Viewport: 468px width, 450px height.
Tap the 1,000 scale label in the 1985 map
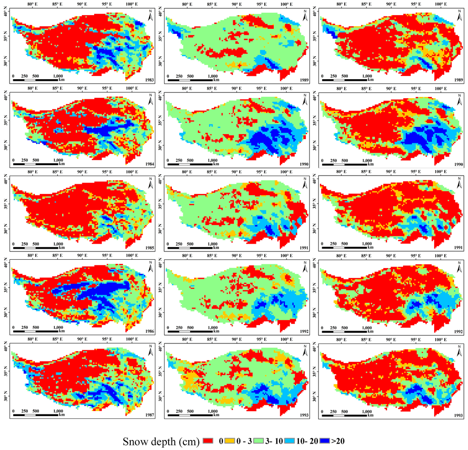point(58,244)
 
